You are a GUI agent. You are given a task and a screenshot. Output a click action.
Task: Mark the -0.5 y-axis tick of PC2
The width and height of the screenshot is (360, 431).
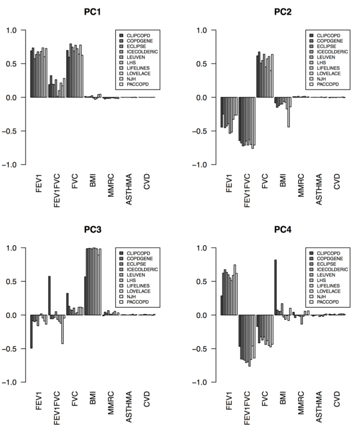[x=199, y=131]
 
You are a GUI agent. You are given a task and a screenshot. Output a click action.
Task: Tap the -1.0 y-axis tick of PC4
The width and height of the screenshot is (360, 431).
[x=199, y=382]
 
